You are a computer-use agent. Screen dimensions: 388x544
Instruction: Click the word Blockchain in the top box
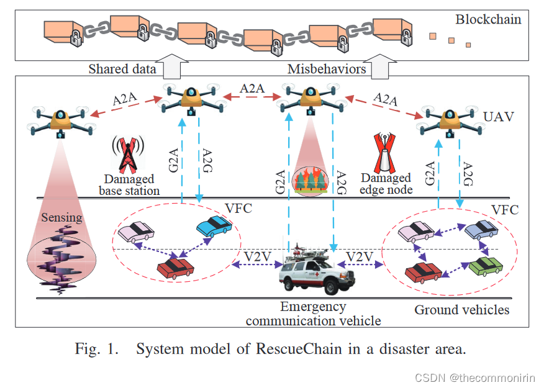coord(488,19)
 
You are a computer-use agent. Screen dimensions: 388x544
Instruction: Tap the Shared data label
coord(122,68)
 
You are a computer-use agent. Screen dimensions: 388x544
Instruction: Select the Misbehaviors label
coord(327,68)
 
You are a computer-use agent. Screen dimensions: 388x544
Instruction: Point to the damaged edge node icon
coord(386,151)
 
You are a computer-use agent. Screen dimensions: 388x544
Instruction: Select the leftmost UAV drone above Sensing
coord(60,120)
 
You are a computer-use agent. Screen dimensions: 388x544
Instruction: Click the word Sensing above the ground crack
coord(61,217)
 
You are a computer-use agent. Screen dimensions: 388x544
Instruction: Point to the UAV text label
coord(499,116)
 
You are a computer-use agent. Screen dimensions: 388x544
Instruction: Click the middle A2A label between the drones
coord(252,88)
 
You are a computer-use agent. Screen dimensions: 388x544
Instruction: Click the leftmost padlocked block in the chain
coord(65,31)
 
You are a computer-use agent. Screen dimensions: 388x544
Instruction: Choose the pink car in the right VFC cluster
coord(417,233)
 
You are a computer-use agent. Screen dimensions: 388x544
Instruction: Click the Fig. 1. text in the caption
coord(96,349)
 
